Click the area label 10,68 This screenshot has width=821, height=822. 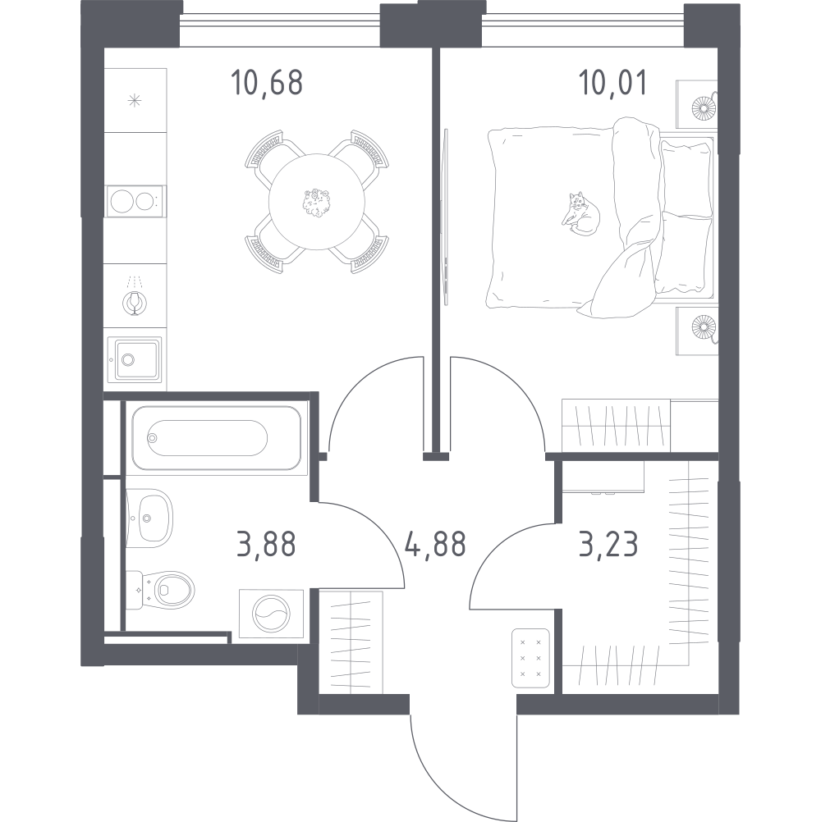point(267,84)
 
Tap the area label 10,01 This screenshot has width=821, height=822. point(612,84)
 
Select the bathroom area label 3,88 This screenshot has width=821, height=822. point(267,544)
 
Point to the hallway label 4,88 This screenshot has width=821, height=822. point(435,544)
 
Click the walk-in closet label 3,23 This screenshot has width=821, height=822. point(608,544)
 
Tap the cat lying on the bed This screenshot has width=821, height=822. point(580,214)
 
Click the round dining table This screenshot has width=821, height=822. point(317,202)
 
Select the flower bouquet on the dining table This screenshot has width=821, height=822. point(316,203)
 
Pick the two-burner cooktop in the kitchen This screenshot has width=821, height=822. point(135,201)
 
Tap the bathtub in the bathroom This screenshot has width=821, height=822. point(217,438)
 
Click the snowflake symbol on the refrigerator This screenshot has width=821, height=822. point(135,100)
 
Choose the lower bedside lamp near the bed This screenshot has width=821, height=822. point(704,328)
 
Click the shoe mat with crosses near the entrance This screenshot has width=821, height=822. point(530,658)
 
